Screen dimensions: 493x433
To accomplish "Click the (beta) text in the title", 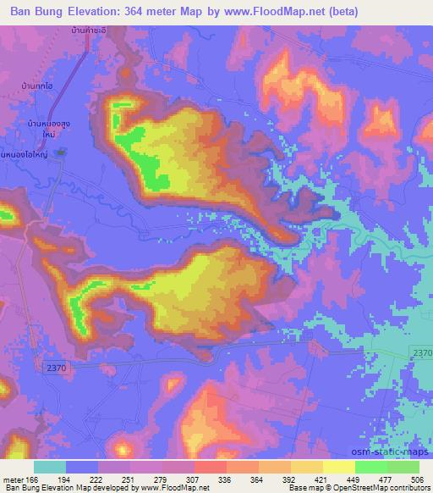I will coord(338,12).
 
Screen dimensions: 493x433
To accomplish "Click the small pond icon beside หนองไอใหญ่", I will coord(60,152).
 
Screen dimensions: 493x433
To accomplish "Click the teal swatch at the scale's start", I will coord(49,467).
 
